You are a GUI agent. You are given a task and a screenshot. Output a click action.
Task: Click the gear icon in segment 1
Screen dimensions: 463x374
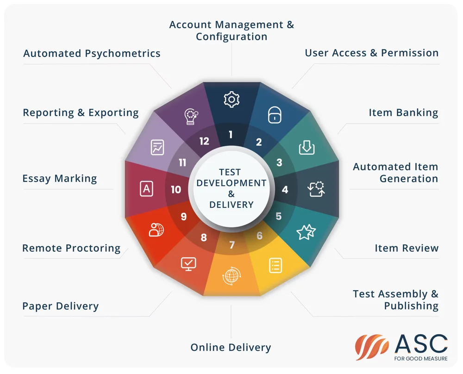click(231, 99)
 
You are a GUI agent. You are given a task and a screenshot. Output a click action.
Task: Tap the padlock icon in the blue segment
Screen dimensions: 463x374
click(275, 114)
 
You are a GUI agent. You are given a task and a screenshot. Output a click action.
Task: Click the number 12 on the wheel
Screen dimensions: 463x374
click(204, 141)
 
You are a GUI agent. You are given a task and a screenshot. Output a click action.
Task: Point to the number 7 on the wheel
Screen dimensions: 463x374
click(232, 245)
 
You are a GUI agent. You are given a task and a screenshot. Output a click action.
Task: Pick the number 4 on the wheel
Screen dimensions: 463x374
click(285, 189)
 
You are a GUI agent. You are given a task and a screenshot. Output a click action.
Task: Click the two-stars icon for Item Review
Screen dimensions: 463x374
click(306, 232)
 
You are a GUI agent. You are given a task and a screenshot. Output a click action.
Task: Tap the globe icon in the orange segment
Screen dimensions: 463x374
click(231, 276)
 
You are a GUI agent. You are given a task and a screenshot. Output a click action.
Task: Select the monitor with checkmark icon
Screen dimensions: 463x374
click(188, 264)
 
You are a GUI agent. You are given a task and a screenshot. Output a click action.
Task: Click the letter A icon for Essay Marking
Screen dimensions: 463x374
click(146, 189)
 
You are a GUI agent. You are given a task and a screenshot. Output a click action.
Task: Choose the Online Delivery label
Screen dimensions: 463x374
click(231, 348)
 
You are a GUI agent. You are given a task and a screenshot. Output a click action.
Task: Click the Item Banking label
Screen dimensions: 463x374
click(403, 112)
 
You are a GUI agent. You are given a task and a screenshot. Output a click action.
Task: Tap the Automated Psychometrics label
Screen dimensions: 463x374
click(92, 53)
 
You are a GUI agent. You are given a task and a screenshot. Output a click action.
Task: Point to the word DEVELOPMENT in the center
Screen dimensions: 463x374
click(231, 183)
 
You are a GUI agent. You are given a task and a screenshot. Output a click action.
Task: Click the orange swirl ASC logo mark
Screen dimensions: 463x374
click(371, 347)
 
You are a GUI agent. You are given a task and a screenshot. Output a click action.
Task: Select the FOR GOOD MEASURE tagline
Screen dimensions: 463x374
click(421, 359)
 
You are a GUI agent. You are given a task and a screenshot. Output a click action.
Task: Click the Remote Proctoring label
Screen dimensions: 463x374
click(71, 248)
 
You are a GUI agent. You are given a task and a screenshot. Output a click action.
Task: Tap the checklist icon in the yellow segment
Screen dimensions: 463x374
click(275, 265)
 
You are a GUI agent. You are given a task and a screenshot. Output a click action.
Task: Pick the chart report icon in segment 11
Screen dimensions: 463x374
click(157, 147)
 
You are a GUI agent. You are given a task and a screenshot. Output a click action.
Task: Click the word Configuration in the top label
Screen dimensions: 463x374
click(231, 37)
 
